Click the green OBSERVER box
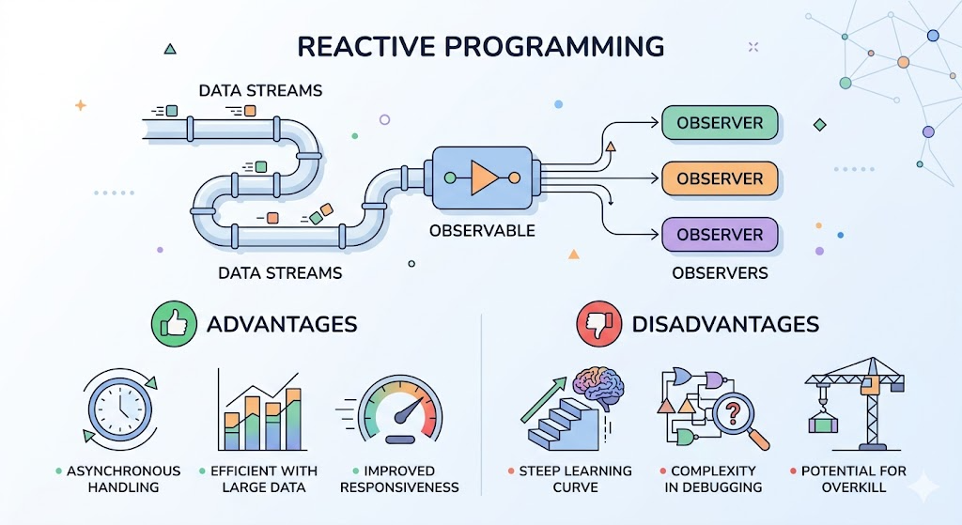coord(720,123)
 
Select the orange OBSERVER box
coord(720,178)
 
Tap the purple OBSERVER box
coord(720,234)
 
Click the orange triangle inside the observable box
coord(484,178)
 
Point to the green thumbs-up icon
coord(174,324)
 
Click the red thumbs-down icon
coord(599,324)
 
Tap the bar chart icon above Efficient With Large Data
coord(260,409)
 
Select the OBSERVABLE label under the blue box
coord(482,231)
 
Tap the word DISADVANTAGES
coord(726,324)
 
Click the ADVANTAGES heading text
coord(282,324)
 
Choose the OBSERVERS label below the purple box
coord(720,273)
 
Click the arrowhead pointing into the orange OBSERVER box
coord(655,178)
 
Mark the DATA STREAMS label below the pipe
coord(280,273)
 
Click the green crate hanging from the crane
coord(823,423)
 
